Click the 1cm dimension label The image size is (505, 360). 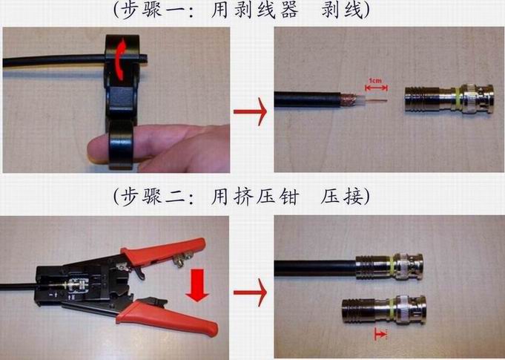[x=375, y=81]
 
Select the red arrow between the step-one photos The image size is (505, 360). [x=250, y=111]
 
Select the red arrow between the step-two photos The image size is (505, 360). [x=250, y=292]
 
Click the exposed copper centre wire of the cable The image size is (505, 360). [x=376, y=101]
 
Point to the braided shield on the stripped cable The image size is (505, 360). [x=349, y=99]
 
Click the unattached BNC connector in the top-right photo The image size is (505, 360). [x=449, y=99]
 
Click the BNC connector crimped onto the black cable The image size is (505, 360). [x=389, y=267]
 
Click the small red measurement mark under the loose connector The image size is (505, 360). [x=380, y=334]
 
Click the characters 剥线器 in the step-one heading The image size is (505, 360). [x=255, y=10]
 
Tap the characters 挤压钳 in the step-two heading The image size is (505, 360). [x=255, y=196]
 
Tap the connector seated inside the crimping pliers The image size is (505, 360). [x=76, y=285]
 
